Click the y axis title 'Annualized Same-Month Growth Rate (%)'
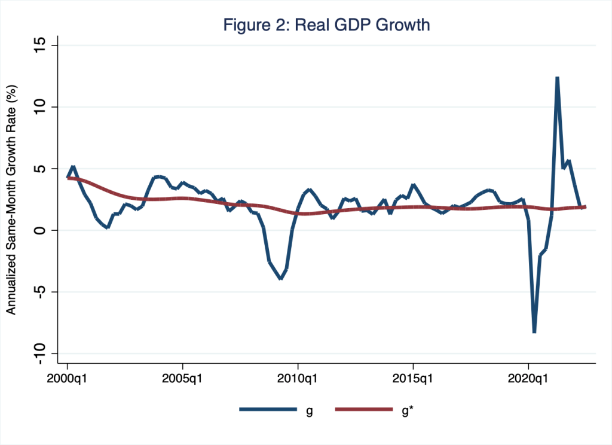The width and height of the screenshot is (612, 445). pyautogui.click(x=11, y=199)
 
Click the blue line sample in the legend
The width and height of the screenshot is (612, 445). pyautogui.click(x=268, y=409)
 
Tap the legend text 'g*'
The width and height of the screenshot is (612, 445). pyautogui.click(x=409, y=410)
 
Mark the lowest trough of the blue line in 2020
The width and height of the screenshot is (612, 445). pyautogui.click(x=534, y=332)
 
